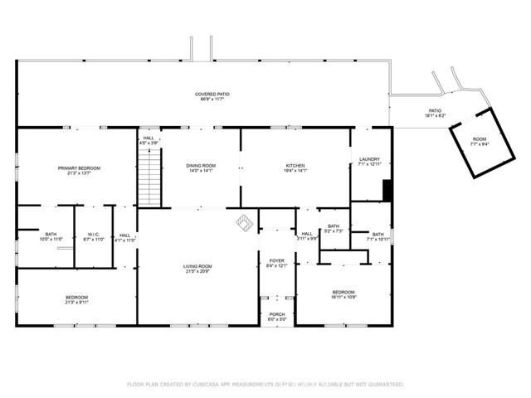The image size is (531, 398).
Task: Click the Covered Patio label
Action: tap(212, 95)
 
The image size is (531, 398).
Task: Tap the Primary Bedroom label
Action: tap(79, 168)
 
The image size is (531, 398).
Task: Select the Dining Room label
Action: tap(201, 166)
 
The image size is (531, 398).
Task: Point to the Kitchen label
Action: tap(296, 166)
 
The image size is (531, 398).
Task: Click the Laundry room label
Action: tap(369, 159)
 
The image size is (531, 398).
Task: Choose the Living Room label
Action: tap(197, 266)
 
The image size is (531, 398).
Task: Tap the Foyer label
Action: tap(276, 260)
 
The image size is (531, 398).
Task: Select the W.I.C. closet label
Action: tap(93, 235)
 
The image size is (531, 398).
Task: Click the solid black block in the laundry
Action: tap(387, 190)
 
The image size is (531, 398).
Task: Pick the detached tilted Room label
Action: tap(480, 139)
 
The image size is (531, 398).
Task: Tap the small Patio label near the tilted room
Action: tap(435, 110)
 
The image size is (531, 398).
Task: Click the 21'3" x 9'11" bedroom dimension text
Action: tap(77, 303)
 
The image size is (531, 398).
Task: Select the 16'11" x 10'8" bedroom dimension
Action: tap(343, 297)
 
